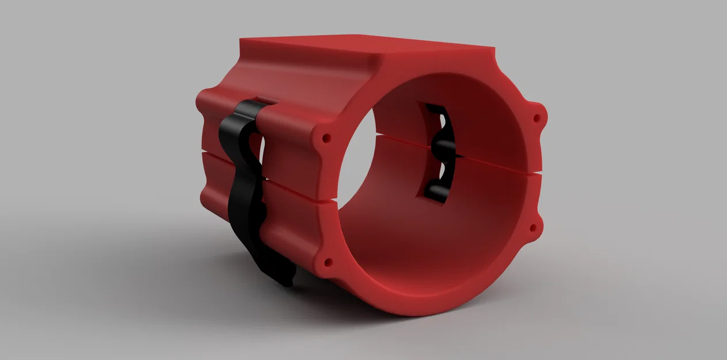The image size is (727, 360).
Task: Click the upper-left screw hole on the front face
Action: (x=326, y=139)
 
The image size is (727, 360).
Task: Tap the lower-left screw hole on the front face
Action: (x=329, y=263)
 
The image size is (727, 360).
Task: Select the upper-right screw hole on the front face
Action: (x=537, y=118)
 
